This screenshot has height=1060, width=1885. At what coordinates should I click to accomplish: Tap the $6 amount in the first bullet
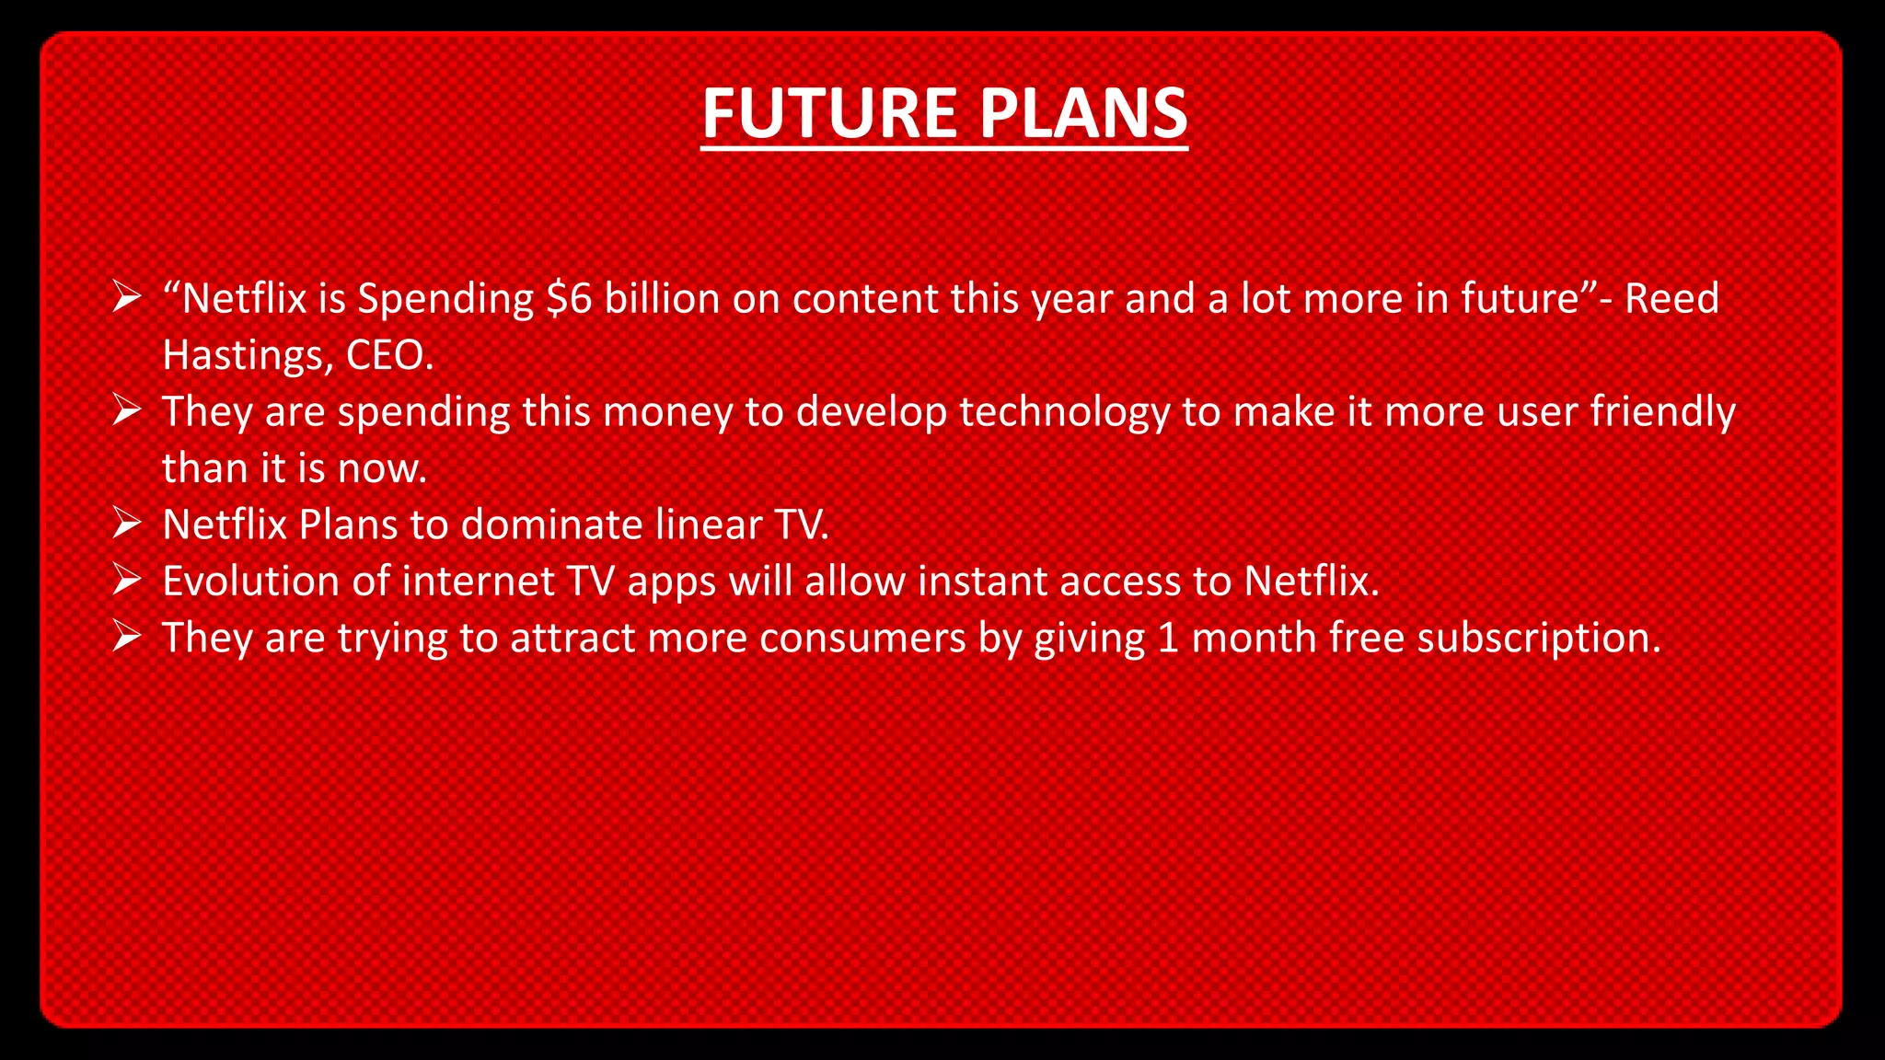569,299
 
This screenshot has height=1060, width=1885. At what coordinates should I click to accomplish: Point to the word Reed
1671,299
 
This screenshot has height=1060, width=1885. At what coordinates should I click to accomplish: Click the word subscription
1538,639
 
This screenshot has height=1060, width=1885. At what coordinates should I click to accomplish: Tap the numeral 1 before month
1168,639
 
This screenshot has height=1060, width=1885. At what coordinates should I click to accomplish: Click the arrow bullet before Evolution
126,581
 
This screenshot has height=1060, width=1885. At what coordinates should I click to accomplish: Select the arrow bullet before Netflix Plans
126,524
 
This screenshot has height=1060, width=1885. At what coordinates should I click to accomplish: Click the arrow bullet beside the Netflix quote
126,297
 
